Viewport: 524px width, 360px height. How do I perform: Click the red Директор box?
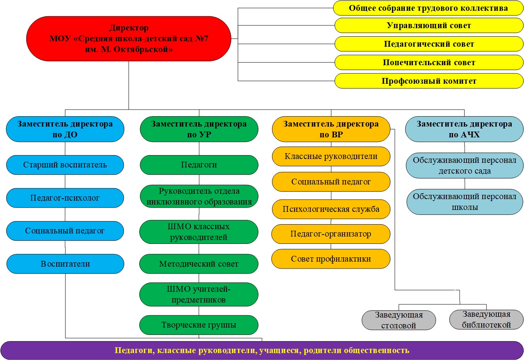[x=128, y=39]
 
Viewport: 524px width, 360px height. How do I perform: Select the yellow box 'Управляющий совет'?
[x=429, y=25]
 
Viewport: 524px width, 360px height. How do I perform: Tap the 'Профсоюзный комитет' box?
[x=429, y=81]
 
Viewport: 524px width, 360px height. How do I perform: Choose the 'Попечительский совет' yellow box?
[x=429, y=63]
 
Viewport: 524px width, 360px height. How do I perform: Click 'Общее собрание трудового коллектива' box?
[x=428, y=8]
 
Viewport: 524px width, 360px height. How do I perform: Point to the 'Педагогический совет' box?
[x=429, y=44]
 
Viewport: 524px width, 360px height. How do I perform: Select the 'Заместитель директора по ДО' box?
[x=65, y=129]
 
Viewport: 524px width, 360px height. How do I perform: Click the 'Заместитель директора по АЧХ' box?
[x=464, y=129]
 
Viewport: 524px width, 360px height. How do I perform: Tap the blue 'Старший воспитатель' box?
[x=65, y=165]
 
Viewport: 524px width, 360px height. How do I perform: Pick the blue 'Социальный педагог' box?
[x=65, y=231]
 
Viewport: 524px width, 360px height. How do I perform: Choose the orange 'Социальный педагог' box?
[x=331, y=182]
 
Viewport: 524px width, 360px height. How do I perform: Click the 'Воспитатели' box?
[x=65, y=264]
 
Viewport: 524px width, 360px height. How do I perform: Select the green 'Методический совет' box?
[x=199, y=264]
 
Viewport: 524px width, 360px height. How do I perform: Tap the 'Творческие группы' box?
[x=199, y=325]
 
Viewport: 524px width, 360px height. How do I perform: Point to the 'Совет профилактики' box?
[x=331, y=259]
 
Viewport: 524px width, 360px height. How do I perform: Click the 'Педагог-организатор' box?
[x=331, y=234]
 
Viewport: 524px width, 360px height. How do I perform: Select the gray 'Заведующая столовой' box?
[x=399, y=320]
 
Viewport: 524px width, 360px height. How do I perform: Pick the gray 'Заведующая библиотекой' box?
[x=486, y=319]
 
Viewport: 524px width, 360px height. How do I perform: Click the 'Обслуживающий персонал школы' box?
[x=465, y=202]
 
